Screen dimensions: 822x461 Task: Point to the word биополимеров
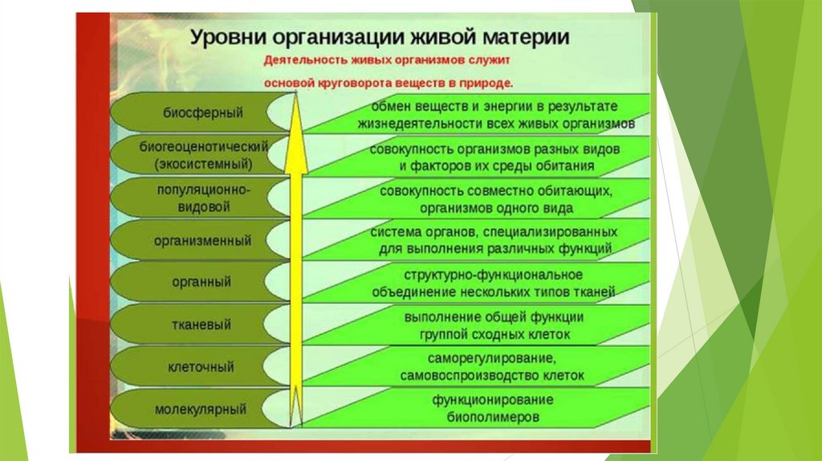click(494, 418)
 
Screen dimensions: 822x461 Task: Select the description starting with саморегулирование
click(494, 366)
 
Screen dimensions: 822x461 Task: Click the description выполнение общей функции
click(494, 324)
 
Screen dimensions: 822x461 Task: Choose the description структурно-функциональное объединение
click(494, 282)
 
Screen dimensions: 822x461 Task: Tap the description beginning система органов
click(494, 240)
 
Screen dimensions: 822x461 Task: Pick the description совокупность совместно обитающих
click(494, 198)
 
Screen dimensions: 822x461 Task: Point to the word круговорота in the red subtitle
click(351, 82)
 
